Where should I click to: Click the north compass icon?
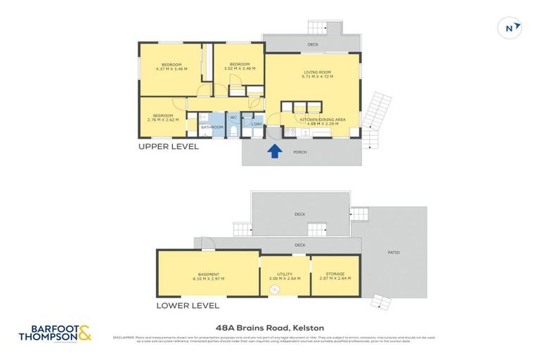(511, 28)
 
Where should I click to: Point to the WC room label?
(233, 117)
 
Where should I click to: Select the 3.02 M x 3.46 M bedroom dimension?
(240, 69)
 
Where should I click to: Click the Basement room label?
(208, 274)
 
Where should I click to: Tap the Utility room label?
(285, 274)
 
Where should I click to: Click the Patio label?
(394, 252)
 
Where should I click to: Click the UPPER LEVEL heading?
(168, 147)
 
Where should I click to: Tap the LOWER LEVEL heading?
(188, 306)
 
